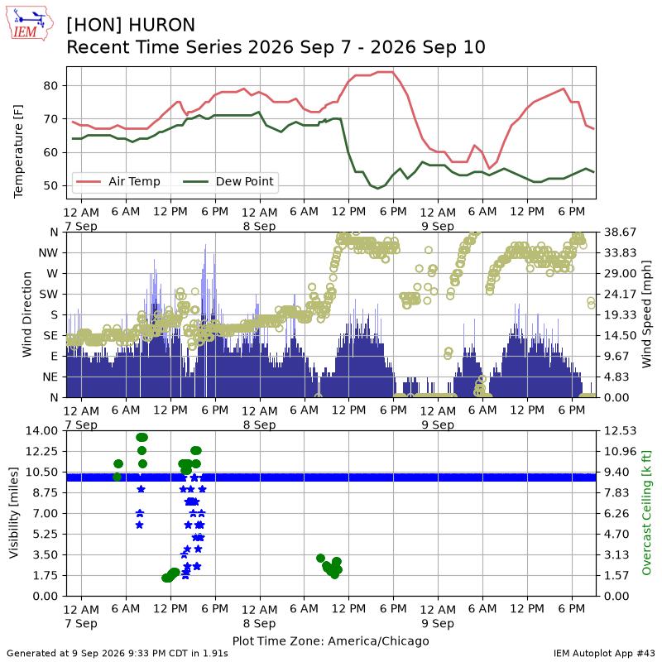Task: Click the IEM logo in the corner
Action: [29, 23]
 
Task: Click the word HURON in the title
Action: [161, 25]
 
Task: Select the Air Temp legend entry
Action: [118, 181]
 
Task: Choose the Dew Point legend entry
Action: [228, 181]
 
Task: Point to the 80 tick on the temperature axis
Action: [50, 86]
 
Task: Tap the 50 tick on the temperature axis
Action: [50, 185]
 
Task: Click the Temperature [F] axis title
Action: [17, 151]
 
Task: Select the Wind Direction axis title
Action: [26, 314]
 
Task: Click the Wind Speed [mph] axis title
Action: [646, 314]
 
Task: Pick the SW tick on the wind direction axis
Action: [49, 295]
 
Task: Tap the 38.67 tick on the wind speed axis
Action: [620, 233]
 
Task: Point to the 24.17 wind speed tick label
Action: [620, 295]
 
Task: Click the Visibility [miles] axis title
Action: [14, 513]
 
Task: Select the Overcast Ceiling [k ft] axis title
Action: [646, 513]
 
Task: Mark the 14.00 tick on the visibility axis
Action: [42, 430]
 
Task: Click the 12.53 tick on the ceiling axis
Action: [620, 430]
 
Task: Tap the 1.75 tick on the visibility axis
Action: [45, 575]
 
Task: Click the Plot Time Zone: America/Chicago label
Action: [330, 640]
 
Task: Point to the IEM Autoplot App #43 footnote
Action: [604, 654]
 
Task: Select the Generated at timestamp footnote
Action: [118, 654]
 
